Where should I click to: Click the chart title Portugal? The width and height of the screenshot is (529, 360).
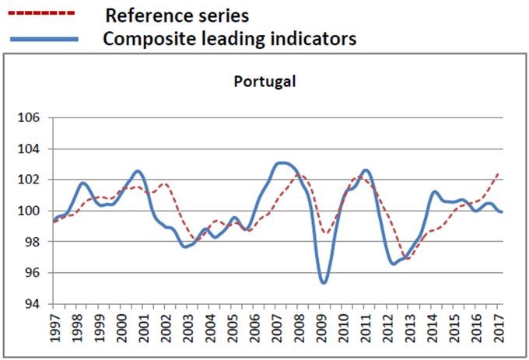[x=265, y=82]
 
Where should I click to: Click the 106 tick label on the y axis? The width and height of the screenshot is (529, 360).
[x=37, y=118]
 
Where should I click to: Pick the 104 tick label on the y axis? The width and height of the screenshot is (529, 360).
[x=37, y=149]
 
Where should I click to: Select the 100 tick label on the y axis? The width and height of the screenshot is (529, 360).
[x=37, y=211]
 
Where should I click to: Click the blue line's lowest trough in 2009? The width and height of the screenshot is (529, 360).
[x=324, y=281]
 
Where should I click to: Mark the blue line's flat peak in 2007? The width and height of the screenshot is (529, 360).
[x=284, y=163]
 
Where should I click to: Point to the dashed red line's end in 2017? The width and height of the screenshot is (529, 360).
[x=498, y=174]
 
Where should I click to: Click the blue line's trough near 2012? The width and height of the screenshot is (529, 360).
[x=394, y=264]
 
